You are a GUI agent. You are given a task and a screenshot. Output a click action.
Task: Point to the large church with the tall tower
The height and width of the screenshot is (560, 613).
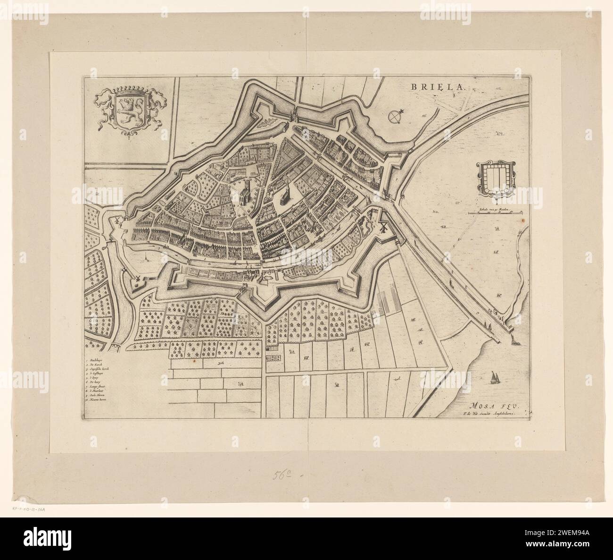[x=246, y=191]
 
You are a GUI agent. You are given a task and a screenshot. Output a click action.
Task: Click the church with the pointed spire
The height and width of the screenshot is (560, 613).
[x=285, y=194]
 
